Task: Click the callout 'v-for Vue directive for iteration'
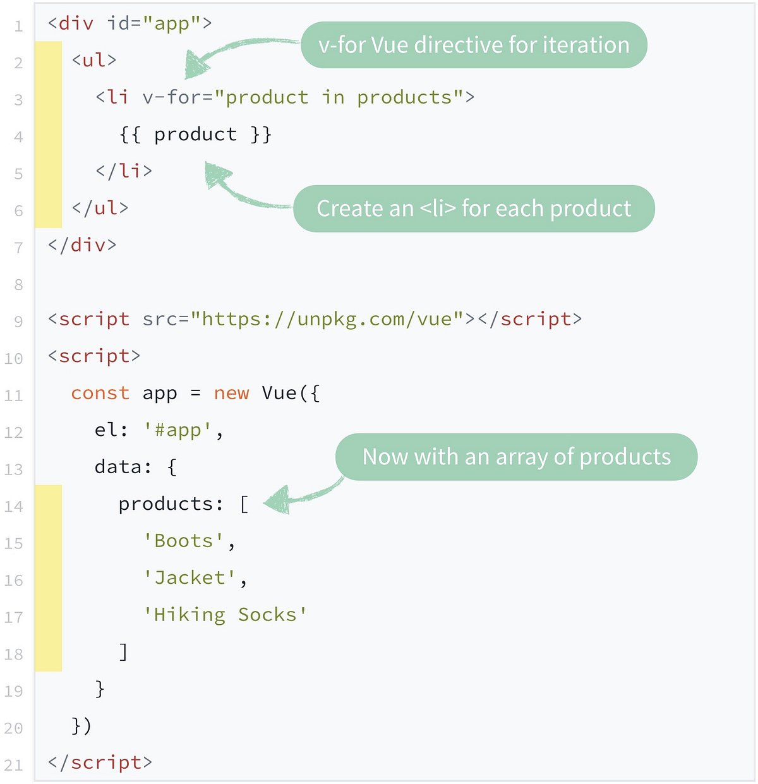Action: point(474,45)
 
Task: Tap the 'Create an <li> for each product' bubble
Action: point(474,208)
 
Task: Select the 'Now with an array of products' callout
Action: point(516,457)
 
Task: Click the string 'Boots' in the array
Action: point(184,541)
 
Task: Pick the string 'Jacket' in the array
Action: point(189,577)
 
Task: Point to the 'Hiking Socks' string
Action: point(225,615)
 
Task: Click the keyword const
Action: point(100,393)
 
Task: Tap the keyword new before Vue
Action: point(231,393)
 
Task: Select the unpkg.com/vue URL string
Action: point(327,319)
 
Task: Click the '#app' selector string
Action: point(177,430)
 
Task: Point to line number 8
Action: point(18,285)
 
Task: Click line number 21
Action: point(13,766)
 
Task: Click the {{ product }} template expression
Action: point(195,135)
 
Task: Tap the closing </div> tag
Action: point(82,245)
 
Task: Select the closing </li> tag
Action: point(124,171)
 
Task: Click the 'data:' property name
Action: point(123,467)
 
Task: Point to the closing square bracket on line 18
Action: point(124,651)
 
